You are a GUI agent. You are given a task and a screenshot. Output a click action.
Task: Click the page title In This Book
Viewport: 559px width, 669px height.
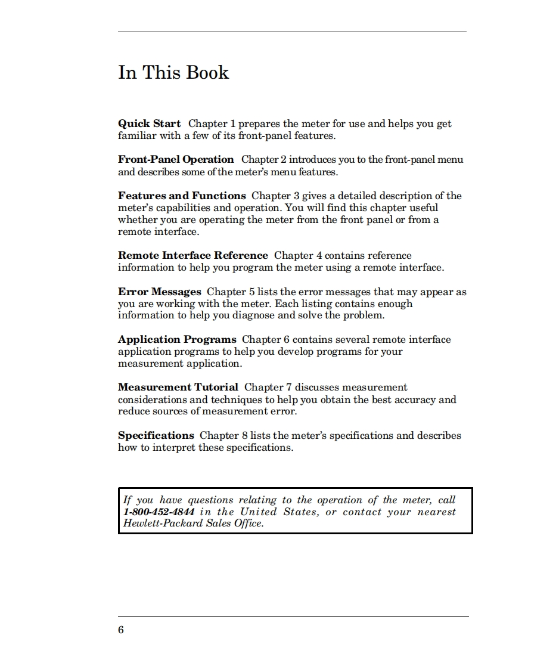point(173,73)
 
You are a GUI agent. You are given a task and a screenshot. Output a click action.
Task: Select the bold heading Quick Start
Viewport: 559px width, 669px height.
point(149,123)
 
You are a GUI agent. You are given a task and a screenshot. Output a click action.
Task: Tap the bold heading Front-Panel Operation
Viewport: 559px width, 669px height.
point(176,159)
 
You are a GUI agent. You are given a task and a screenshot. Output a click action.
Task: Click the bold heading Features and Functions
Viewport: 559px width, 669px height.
point(182,196)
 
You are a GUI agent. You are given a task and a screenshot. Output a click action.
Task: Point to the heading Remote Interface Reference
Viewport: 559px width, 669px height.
point(193,255)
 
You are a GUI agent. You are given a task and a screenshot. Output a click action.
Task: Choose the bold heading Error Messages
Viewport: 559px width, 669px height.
point(160,292)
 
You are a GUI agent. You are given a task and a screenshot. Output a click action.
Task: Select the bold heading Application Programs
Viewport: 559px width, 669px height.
point(177,339)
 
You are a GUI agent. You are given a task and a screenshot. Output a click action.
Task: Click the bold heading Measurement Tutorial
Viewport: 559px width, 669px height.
point(178,387)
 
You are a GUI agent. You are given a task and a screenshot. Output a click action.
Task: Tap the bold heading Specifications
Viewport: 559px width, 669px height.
point(156,435)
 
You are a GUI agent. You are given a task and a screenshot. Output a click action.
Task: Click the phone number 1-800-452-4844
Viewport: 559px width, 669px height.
point(159,512)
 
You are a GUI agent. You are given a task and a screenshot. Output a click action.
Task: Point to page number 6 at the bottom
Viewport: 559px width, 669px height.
point(121,630)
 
